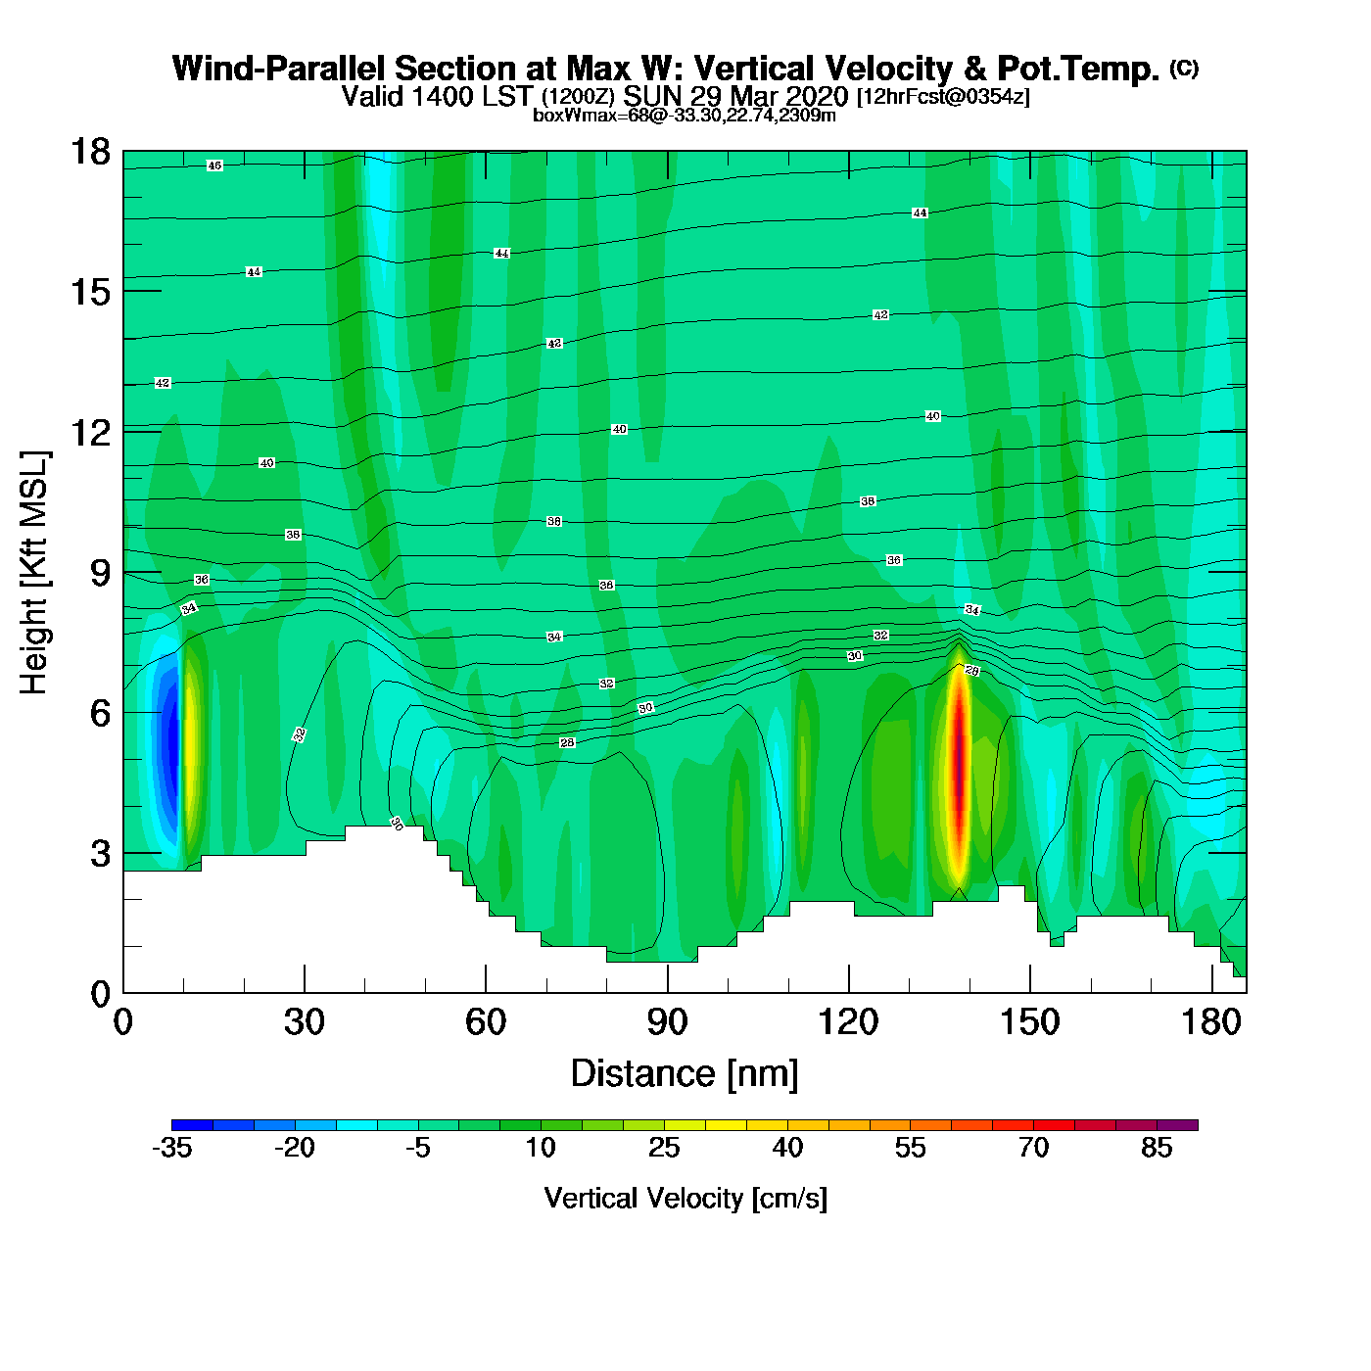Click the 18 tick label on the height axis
click(89, 152)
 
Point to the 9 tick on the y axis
click(100, 572)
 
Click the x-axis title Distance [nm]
click(685, 1074)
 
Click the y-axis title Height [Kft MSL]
click(34, 573)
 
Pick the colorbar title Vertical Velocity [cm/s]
click(685, 1199)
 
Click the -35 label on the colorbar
click(171, 1148)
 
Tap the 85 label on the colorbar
click(1157, 1148)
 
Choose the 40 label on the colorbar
click(787, 1148)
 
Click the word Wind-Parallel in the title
click(279, 70)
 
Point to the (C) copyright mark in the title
click(1184, 68)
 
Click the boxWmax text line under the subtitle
click(685, 116)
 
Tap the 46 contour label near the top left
click(214, 165)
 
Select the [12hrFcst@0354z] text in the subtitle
click(943, 97)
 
